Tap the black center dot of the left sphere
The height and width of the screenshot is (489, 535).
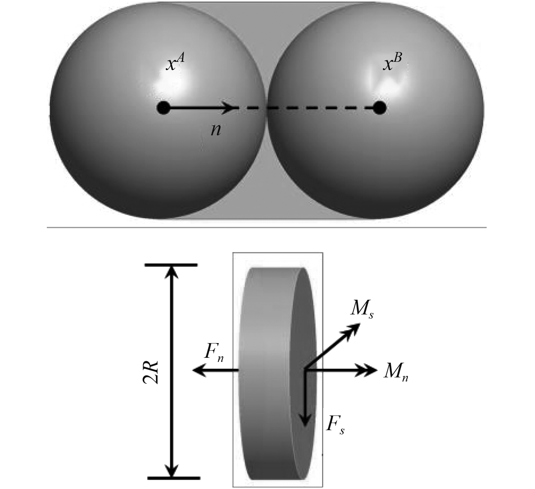click(x=163, y=108)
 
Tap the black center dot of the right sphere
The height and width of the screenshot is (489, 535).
click(x=379, y=108)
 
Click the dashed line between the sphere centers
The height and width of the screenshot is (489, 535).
click(x=302, y=108)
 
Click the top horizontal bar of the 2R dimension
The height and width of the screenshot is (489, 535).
click(x=171, y=265)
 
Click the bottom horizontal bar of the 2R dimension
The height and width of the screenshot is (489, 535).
click(x=173, y=478)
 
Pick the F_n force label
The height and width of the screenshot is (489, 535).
click(x=214, y=353)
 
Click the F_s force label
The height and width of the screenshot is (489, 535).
click(x=335, y=426)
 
